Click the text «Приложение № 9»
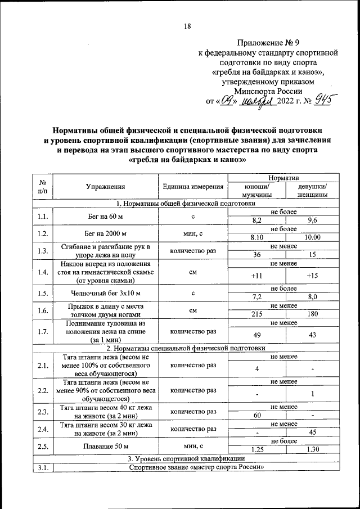(268, 42)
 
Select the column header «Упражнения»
(105, 187)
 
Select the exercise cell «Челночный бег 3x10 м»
(105, 292)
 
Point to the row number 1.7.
(42, 332)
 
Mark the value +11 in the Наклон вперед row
(256, 276)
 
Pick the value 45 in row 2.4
(313, 433)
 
